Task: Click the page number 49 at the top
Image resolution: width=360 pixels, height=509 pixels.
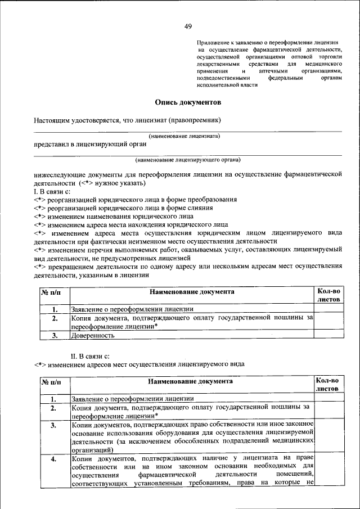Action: (188, 26)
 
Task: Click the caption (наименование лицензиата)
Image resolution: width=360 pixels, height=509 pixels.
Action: (184, 136)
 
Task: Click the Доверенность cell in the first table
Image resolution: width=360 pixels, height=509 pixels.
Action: (93, 335)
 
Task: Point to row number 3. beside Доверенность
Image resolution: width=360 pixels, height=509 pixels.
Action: (55, 335)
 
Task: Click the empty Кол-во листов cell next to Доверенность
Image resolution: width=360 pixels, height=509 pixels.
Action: (328, 335)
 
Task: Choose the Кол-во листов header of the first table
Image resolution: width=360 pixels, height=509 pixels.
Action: (328, 295)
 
